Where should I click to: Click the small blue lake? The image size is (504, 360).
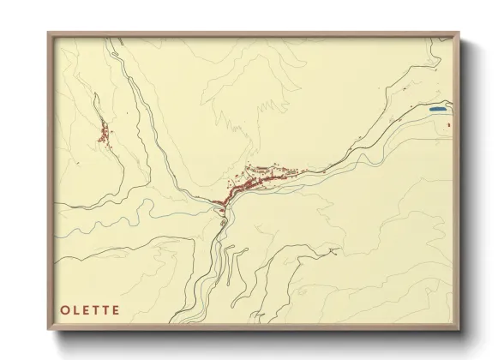(x=437, y=110)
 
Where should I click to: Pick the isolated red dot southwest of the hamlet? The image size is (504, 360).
(x=77, y=161)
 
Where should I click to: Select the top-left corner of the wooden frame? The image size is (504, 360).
(x=48, y=33)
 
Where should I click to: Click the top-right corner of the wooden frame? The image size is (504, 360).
(x=459, y=33)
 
